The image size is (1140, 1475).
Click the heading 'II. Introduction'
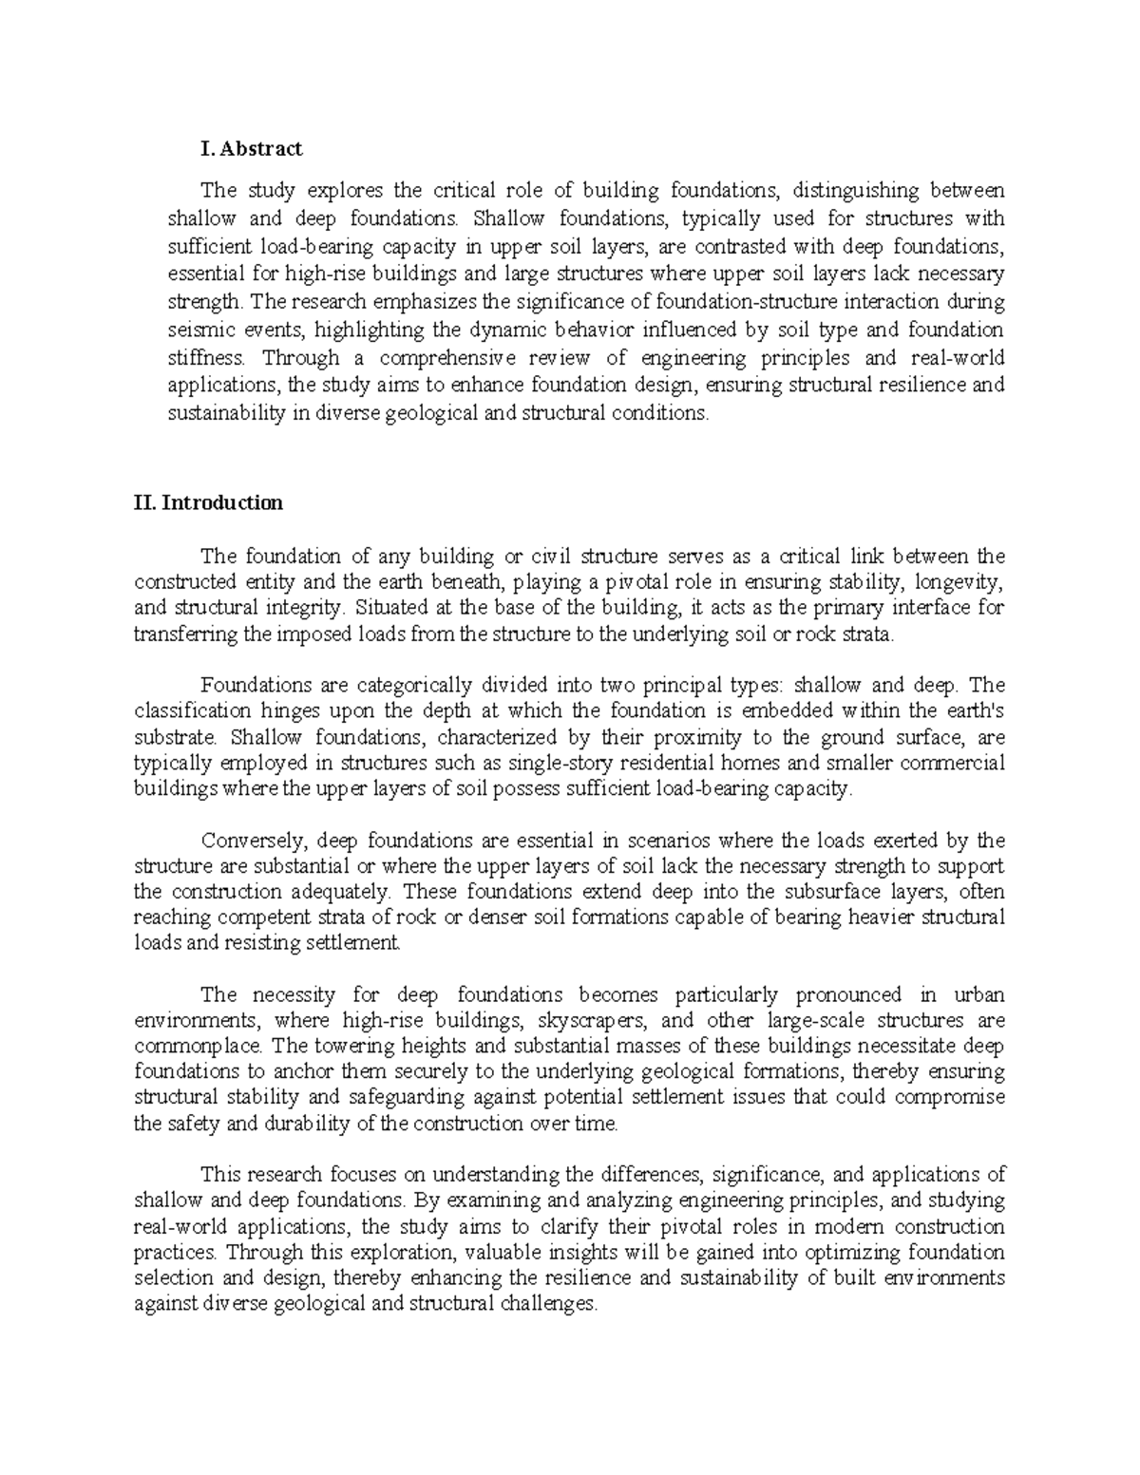point(208,502)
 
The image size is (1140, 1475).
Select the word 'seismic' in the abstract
point(198,331)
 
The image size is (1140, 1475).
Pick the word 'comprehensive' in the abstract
point(446,358)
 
